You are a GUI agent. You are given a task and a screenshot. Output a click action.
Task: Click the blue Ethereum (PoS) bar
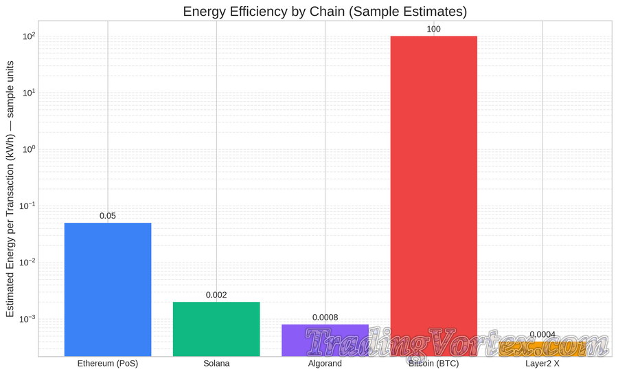click(108, 289)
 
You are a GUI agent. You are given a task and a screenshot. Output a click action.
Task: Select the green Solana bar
click(216, 329)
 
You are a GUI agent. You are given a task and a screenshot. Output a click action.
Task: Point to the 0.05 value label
click(108, 216)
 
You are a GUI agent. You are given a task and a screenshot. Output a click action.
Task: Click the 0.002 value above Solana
click(216, 295)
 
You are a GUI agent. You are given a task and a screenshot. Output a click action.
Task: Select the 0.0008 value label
click(325, 318)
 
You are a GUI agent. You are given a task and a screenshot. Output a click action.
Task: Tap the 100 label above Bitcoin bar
click(433, 29)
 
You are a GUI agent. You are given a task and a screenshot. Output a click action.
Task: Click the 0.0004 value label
click(542, 335)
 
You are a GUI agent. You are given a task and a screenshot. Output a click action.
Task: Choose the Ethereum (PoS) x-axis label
click(108, 364)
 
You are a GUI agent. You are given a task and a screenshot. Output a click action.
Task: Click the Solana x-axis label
click(216, 364)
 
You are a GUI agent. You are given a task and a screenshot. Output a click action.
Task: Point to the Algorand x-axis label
click(325, 364)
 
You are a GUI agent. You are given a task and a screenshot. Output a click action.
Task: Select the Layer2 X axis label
click(542, 364)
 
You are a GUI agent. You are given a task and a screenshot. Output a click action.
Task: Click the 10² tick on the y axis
click(27, 36)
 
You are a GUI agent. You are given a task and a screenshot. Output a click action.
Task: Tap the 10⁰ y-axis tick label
click(27, 149)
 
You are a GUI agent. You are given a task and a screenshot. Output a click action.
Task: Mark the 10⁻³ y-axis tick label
click(26, 319)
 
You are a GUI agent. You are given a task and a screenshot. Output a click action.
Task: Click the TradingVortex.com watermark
click(456, 342)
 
